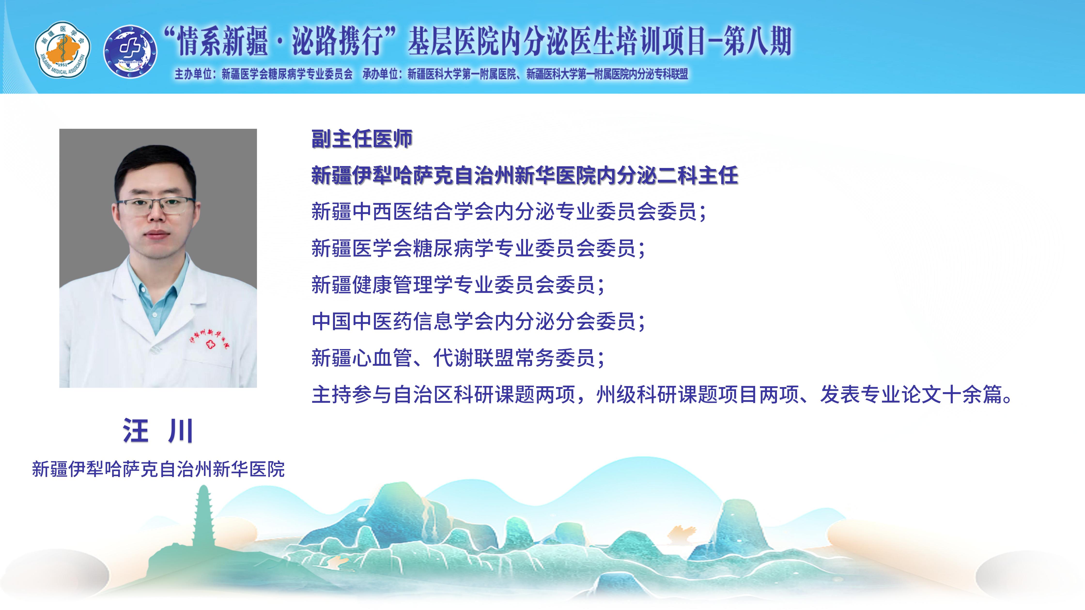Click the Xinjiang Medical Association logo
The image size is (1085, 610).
point(62,50)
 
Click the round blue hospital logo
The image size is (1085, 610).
point(131,51)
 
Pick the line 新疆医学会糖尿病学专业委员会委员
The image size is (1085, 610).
point(478,248)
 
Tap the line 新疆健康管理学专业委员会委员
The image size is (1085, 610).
point(458,285)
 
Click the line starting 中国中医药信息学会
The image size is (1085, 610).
point(478,321)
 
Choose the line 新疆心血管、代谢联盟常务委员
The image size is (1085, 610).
point(458,358)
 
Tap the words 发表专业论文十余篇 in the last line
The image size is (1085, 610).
point(916,395)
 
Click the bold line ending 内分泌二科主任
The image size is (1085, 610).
point(524,175)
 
